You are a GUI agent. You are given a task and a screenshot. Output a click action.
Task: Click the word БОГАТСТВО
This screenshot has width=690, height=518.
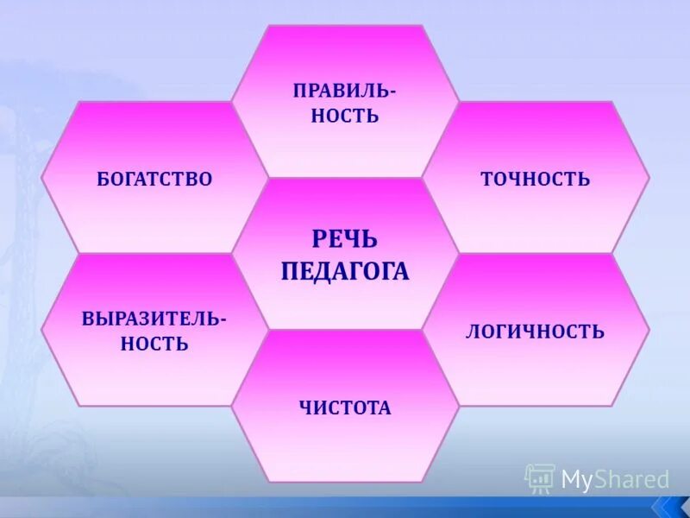click(x=154, y=180)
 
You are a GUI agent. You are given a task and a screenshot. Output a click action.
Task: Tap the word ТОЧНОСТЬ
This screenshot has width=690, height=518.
click(x=535, y=180)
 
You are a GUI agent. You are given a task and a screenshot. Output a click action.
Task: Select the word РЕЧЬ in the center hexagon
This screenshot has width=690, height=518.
click(x=344, y=239)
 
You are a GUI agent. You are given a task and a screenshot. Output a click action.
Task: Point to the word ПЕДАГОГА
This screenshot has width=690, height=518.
click(x=345, y=272)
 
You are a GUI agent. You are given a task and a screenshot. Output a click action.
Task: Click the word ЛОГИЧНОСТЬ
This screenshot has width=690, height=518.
click(x=535, y=332)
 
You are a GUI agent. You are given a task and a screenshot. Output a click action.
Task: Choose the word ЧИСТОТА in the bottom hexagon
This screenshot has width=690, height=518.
click(x=345, y=407)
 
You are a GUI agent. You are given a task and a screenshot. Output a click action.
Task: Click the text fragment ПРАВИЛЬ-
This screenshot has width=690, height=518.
click(x=344, y=91)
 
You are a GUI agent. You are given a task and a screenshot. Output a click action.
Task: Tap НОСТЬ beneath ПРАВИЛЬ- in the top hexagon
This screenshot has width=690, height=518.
click(x=345, y=117)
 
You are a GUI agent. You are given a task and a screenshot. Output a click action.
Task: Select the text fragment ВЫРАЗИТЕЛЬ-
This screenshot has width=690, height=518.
click(x=154, y=318)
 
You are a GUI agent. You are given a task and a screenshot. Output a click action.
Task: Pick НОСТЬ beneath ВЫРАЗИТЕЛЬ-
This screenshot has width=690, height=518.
click(x=154, y=344)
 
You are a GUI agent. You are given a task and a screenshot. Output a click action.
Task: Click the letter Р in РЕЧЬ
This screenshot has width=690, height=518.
click(x=319, y=239)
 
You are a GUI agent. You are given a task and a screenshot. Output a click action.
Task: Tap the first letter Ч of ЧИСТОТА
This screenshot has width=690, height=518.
click(x=304, y=407)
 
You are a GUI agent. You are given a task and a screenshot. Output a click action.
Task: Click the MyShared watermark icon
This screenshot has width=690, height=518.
click(x=540, y=478)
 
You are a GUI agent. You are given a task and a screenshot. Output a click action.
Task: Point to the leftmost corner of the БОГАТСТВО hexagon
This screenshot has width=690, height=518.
click(x=41, y=178)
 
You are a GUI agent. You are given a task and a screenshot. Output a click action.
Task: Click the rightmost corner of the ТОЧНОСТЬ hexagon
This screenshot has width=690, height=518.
click(x=649, y=178)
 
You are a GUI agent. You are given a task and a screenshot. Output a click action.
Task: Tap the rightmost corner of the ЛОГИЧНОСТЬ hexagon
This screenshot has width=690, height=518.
click(x=649, y=330)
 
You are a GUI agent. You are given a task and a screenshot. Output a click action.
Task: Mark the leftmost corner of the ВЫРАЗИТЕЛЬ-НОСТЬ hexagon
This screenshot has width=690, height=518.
click(x=41, y=330)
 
